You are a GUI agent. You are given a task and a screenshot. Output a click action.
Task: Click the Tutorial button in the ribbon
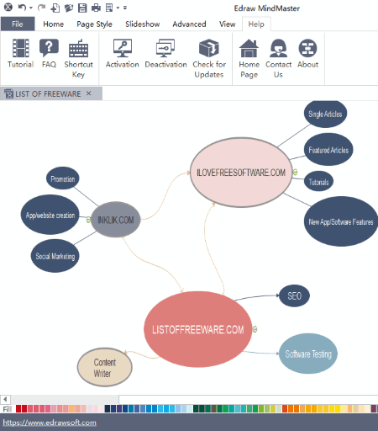[21, 54]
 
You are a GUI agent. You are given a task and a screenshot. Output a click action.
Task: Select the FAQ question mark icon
[49, 48]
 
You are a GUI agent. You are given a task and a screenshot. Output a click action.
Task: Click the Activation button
[123, 54]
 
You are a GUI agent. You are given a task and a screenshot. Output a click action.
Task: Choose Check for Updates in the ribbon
[209, 58]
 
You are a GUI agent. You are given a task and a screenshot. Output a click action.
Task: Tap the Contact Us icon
[278, 48]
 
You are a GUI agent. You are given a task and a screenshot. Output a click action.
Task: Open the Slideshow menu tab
[143, 24]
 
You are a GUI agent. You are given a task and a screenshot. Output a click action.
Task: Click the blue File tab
[18, 24]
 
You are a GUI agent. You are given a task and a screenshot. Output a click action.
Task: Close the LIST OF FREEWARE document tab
[89, 93]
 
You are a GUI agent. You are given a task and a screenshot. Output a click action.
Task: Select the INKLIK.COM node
[116, 220]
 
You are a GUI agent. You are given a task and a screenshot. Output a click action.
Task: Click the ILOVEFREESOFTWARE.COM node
[241, 173]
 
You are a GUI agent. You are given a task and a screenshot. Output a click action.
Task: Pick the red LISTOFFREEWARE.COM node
[198, 329]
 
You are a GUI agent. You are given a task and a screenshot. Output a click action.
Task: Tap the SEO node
[294, 295]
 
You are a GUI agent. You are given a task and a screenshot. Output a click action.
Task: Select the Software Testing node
[308, 354]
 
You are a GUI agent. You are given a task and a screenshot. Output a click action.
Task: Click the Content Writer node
[105, 367]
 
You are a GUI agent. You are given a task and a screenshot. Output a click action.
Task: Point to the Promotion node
[63, 178]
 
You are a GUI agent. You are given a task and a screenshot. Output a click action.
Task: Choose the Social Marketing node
[55, 256]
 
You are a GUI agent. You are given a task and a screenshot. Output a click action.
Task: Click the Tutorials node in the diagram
[318, 182]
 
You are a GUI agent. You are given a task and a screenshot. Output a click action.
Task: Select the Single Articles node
[325, 114]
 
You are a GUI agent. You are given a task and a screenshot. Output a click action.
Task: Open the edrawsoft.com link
[50, 423]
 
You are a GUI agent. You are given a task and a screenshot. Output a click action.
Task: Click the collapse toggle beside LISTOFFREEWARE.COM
[255, 329]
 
